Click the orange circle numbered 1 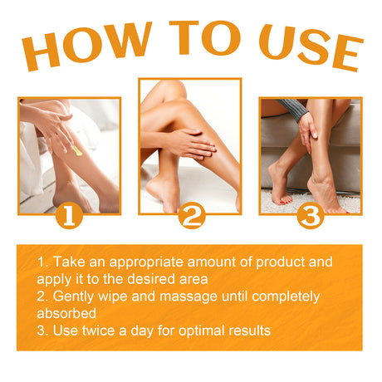(70, 217)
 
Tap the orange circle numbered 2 (191, 217)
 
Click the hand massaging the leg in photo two (187, 143)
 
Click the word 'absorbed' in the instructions (66, 314)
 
